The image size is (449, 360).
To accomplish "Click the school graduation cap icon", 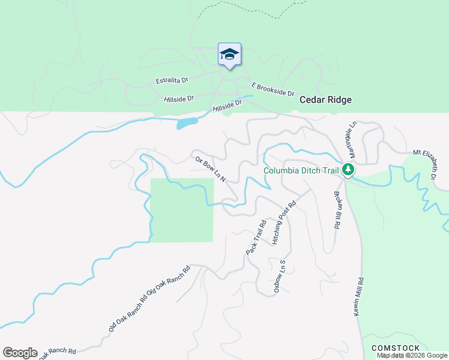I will click(x=229, y=55).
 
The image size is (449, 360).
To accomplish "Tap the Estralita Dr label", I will click(x=172, y=80).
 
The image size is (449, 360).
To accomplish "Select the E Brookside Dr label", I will click(x=273, y=89).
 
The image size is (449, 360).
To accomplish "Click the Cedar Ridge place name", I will click(x=325, y=100).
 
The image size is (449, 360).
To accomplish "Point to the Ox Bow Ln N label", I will click(x=209, y=170).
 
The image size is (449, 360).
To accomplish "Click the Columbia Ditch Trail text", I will click(x=301, y=171).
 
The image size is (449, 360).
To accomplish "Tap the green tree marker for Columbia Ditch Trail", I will click(x=348, y=170).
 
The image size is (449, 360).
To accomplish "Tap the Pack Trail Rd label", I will click(x=256, y=238).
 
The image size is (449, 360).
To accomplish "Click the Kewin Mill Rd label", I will click(x=360, y=297).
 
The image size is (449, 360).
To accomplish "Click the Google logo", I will click(x=20, y=353).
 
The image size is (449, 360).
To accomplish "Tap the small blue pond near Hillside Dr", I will click(x=187, y=124).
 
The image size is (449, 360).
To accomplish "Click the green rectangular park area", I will click(x=181, y=210).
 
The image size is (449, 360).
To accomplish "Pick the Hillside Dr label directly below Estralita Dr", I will click(x=179, y=98).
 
